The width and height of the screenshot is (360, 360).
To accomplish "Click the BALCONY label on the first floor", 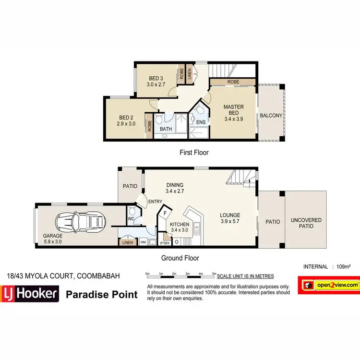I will (x=271, y=116).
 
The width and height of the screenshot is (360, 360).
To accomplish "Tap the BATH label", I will (x=166, y=129).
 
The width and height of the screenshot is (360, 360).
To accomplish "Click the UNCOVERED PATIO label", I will (x=306, y=223).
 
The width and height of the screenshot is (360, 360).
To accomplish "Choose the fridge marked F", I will (x=165, y=211).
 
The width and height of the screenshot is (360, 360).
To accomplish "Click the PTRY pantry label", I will (x=165, y=242).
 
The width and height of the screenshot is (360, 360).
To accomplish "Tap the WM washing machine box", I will (x=143, y=242).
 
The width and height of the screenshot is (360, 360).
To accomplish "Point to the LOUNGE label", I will (x=230, y=215).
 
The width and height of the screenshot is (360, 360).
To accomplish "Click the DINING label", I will (x=175, y=185).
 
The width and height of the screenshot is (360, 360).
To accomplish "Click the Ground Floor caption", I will (x=180, y=257).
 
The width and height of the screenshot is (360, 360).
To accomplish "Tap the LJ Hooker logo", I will (x=30, y=294).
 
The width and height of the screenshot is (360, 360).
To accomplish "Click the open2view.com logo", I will (x=329, y=285).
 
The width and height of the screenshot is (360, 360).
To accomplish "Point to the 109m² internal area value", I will (x=344, y=266).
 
